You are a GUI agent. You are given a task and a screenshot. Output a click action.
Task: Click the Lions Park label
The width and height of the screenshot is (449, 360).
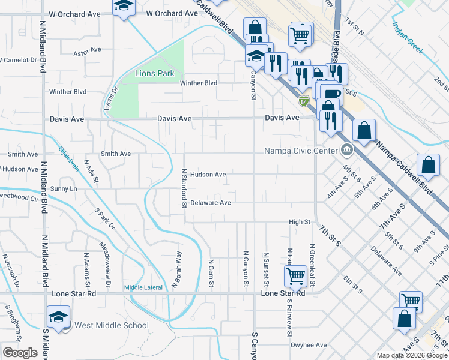pos(155,74)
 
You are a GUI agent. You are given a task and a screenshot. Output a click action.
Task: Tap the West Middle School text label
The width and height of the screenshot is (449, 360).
pos(111,326)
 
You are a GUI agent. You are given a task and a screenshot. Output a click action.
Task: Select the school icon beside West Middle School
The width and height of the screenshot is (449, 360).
pos(59,316)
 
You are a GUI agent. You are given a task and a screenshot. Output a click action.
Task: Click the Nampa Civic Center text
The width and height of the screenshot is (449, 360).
pos(300,150)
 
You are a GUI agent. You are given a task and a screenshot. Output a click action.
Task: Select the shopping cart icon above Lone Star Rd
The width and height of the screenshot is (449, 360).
pos(295,276)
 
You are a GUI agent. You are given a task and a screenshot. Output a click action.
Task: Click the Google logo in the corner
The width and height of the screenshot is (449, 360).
pos(20,353)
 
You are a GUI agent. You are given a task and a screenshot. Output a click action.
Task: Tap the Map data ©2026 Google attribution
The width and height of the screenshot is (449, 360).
pos(411,355)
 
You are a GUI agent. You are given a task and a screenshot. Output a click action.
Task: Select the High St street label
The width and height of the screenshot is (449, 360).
pos(299,222)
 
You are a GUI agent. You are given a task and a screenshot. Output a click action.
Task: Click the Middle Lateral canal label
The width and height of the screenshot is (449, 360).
pos(143,287)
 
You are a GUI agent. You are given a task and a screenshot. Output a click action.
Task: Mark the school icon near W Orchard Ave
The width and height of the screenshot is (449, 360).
pos(124,7)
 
